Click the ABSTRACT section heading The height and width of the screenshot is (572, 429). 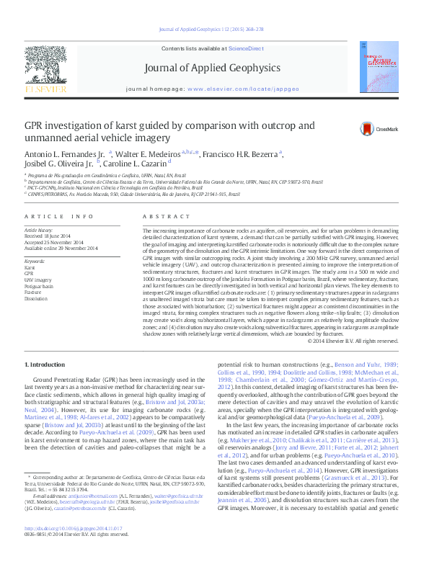(x=161, y=197)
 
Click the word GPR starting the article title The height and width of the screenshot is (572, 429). (x=36, y=126)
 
